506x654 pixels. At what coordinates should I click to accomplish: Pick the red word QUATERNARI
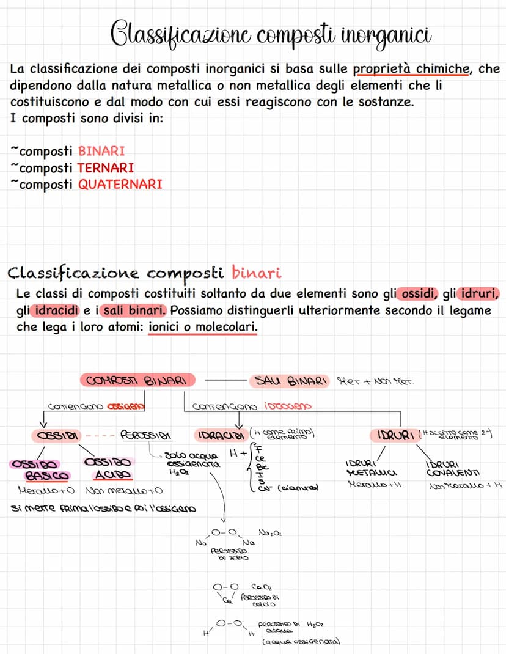click(120, 184)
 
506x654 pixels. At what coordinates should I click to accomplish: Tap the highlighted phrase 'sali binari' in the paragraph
click(128, 310)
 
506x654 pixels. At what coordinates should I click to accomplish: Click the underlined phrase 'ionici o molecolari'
click(203, 328)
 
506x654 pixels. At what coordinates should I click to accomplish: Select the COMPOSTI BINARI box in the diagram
click(137, 381)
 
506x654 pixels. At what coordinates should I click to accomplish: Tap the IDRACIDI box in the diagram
click(219, 436)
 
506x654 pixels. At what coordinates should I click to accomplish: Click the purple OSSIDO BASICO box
click(40, 469)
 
